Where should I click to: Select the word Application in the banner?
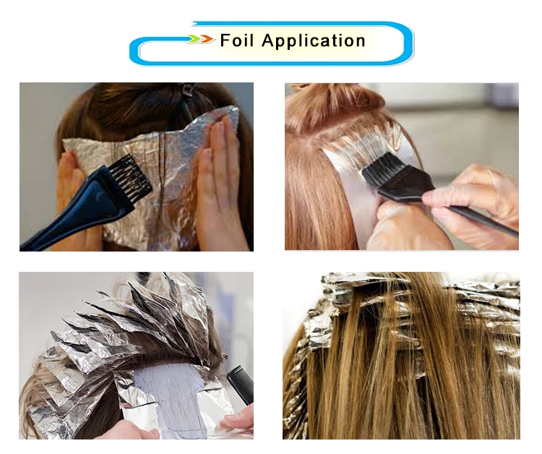tap(313, 40)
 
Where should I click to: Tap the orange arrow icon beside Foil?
tap(207, 39)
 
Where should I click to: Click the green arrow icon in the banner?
tap(194, 39)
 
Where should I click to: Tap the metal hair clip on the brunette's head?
tap(189, 90)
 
